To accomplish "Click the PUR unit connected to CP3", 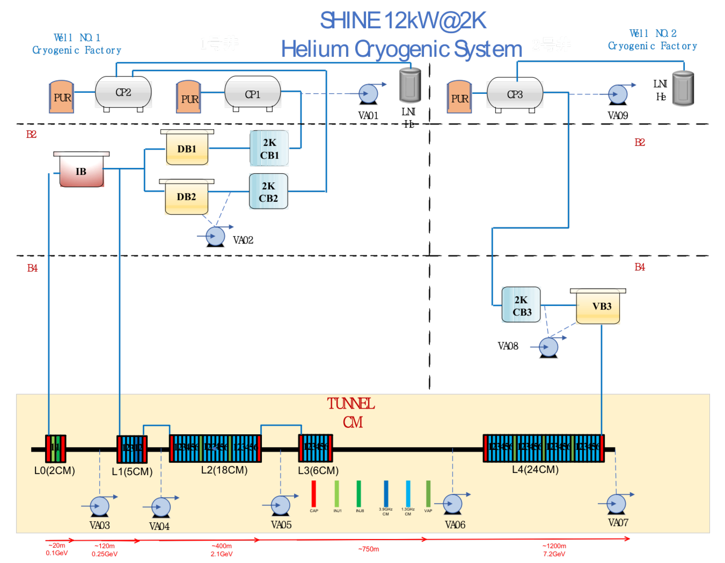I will click(x=459, y=97).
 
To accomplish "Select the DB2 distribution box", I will click(x=187, y=197).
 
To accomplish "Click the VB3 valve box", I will click(x=598, y=306).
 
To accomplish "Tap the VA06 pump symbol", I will click(x=452, y=504).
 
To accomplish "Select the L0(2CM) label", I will click(x=55, y=471).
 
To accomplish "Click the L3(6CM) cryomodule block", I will click(x=315, y=448).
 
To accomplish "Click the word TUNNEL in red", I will click(x=351, y=404).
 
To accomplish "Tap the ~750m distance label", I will click(x=369, y=549).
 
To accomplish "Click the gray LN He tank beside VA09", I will click(x=683, y=89).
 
